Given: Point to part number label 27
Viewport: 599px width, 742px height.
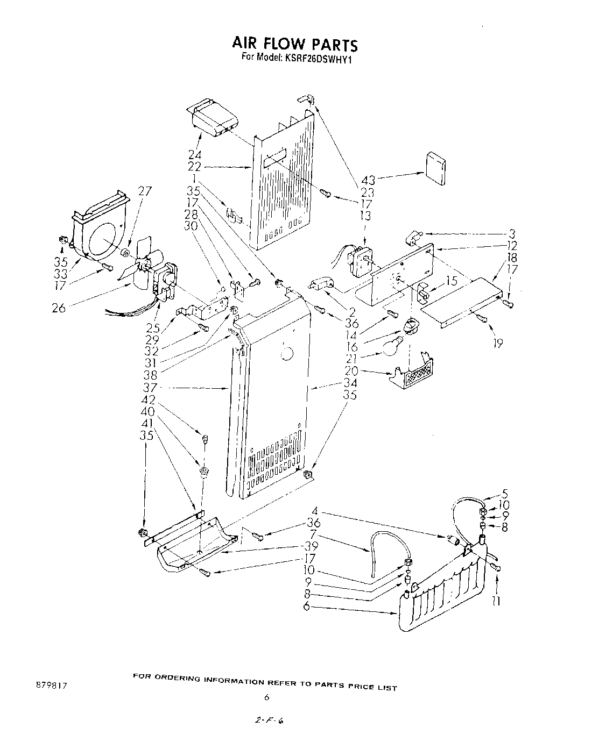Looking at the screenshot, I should pos(145,191).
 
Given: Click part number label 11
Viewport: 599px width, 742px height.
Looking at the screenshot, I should pos(496,601).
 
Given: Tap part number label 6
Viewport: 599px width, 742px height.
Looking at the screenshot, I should pos(307,607).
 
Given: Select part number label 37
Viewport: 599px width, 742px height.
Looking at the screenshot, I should pos(150,387).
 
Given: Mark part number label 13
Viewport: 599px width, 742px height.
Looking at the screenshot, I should pos(365,215).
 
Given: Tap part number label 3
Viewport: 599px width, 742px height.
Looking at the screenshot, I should pos(512,234).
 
